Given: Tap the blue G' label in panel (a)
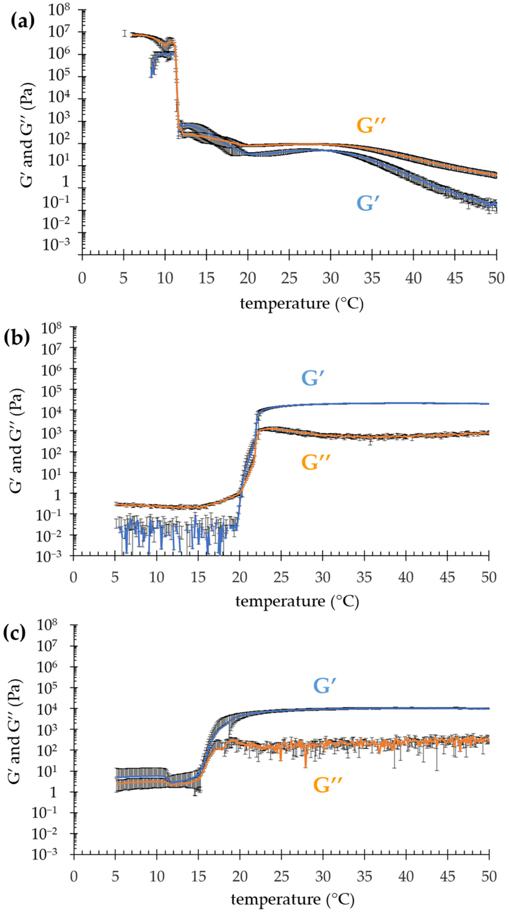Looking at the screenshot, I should [367, 204].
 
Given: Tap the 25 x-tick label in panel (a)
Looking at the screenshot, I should [289, 278].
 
